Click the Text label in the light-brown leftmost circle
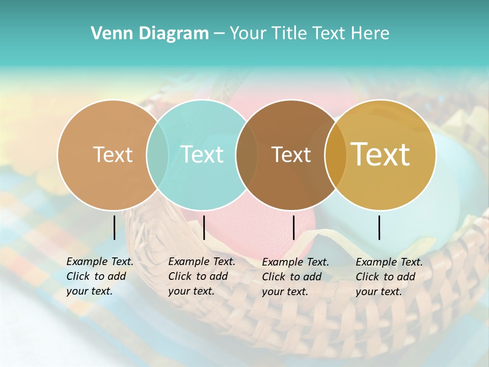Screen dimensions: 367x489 coord(113,154)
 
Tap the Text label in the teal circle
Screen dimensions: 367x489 coord(202,154)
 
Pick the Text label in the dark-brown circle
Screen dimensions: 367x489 coord(291,154)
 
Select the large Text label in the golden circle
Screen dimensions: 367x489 coord(381,154)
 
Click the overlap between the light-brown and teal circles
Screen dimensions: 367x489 coord(157,154)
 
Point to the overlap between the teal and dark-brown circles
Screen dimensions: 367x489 coord(247,154)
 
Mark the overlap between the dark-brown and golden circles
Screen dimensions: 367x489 coord(335,154)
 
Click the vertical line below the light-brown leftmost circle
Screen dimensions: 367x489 coord(115,227)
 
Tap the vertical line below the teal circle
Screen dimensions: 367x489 coord(204,227)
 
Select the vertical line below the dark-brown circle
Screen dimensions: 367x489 coord(293,227)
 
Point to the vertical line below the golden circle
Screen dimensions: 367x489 coord(379,227)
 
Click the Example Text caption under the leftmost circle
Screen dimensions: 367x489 coord(99,276)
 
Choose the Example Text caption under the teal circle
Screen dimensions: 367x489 coord(201,276)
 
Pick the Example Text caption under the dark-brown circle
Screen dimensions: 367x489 coord(295,277)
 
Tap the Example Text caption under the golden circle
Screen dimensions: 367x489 coord(389,277)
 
